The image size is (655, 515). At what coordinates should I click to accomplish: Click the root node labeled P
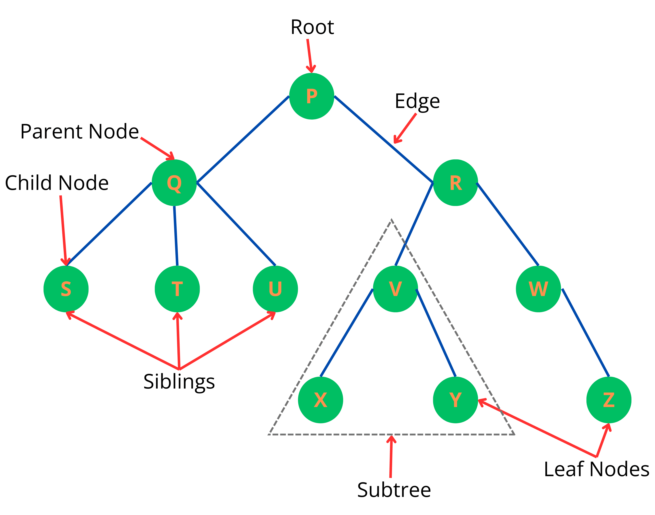[x=311, y=96]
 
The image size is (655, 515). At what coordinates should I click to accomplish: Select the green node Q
[x=174, y=183]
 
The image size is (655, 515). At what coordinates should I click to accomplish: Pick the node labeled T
[x=177, y=289]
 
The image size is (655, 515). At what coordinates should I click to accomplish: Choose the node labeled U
[x=275, y=289]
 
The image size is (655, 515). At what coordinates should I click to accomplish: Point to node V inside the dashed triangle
[x=395, y=289]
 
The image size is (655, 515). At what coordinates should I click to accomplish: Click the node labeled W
[x=538, y=289]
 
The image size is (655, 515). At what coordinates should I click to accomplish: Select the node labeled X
[x=320, y=400]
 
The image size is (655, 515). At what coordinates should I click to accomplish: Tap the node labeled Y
[x=455, y=400]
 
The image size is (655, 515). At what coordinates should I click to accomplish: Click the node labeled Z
[x=609, y=400]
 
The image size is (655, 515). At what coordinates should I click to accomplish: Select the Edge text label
[x=417, y=102]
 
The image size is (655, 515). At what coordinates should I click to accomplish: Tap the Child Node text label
[x=57, y=183]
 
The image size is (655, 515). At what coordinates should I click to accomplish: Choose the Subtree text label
[x=394, y=490]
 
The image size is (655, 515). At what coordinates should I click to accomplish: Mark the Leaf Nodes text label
[x=596, y=469]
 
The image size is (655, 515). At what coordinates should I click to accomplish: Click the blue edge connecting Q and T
[x=176, y=236]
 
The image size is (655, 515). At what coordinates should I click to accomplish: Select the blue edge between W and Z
[x=585, y=333]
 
